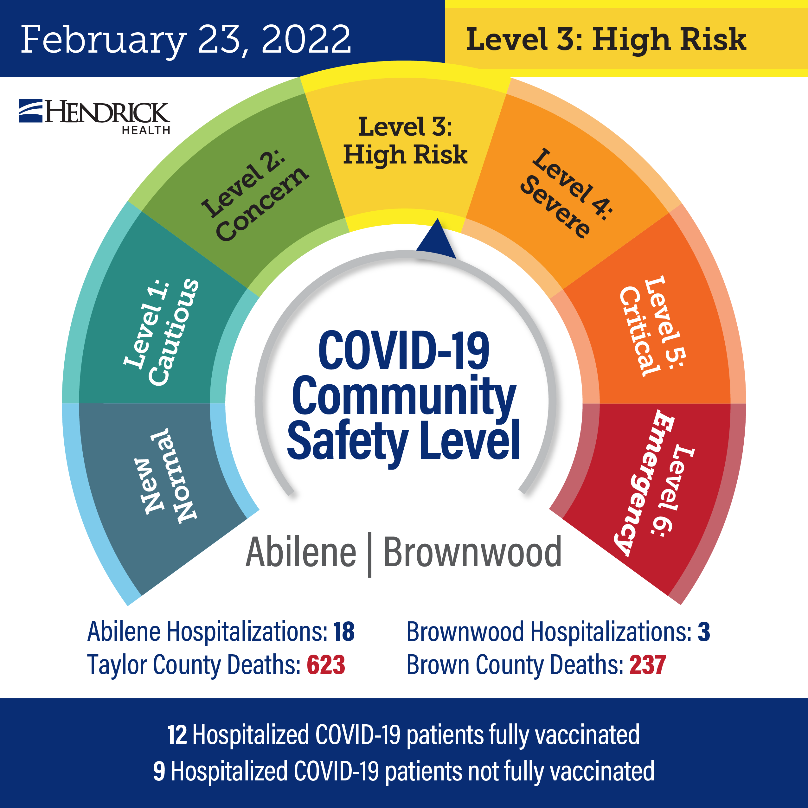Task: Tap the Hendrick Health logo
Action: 94,117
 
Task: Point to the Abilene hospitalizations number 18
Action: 344,632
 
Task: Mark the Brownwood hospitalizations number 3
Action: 704,632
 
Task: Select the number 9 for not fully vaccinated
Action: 159,771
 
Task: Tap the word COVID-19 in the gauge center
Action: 404,350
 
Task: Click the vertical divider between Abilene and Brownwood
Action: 370,555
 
